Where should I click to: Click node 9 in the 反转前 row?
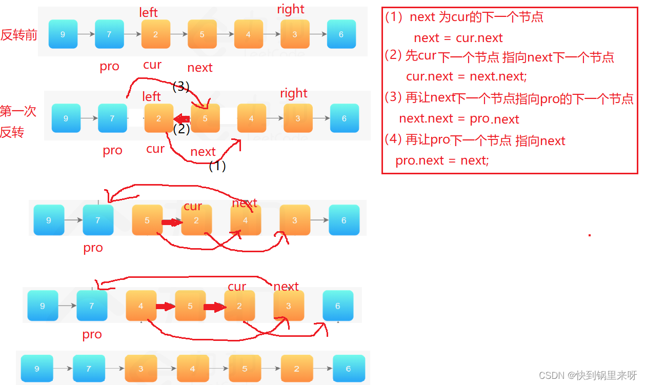tap(63, 34)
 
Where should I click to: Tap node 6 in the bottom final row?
tap(349, 369)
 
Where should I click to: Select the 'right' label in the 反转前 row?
tap(291, 9)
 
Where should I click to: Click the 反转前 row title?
tap(19, 35)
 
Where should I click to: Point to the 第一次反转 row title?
tap(18, 121)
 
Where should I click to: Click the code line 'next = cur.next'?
tap(458, 38)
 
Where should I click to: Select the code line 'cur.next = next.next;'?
tap(466, 76)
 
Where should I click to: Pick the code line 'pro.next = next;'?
tap(442, 160)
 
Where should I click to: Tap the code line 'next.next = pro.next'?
tap(459, 119)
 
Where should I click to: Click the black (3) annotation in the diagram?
tap(182, 87)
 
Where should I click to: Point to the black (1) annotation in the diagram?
tap(217, 166)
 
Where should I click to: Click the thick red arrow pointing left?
tap(182, 119)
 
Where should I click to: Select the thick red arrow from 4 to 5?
tap(165, 307)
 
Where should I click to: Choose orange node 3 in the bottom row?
tap(140, 369)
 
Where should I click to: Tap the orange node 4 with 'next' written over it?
tap(246, 220)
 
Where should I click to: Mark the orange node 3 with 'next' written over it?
tap(289, 306)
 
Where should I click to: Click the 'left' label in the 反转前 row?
tap(149, 12)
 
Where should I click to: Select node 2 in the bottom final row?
tap(296, 369)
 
